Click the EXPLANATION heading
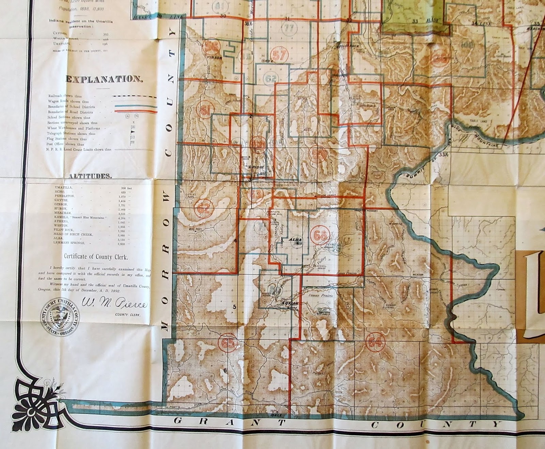coord(104,79)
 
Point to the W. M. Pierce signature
coord(114,303)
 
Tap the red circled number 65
coord(228,343)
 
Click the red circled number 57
coord(280,55)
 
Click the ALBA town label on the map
coord(295,240)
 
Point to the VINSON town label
coord(215,58)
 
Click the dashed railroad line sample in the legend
coord(136,96)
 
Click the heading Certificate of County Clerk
coord(96,257)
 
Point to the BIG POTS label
coord(196,229)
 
